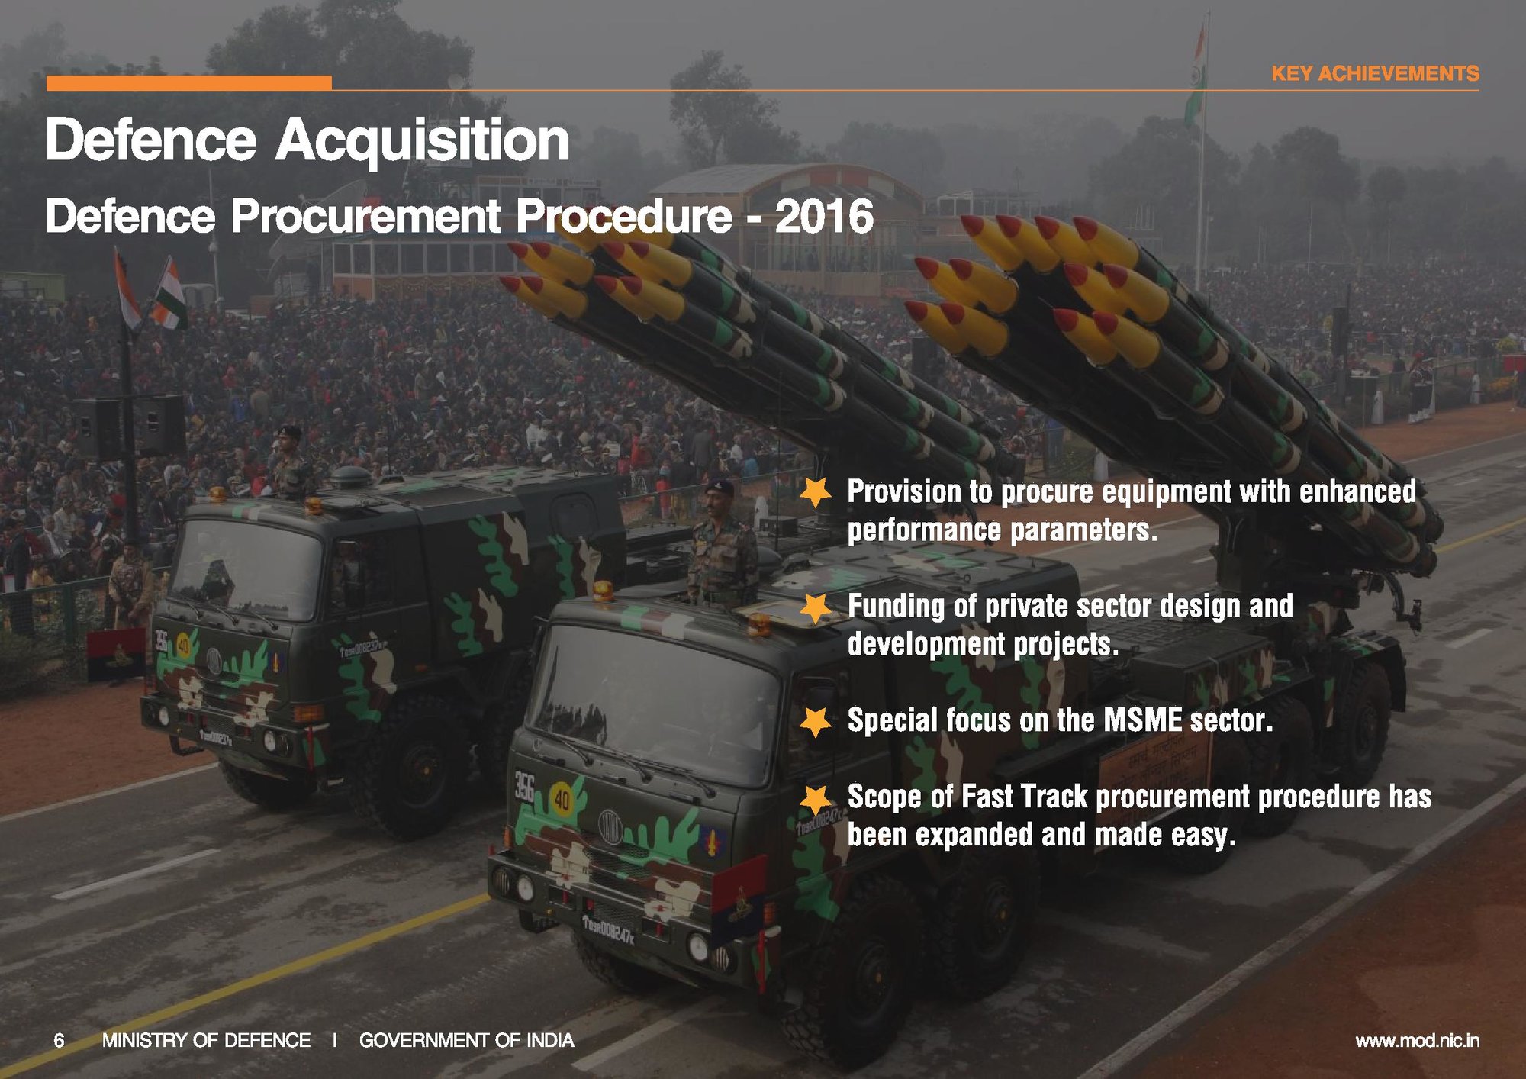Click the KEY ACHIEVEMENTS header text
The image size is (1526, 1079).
[x=1375, y=73]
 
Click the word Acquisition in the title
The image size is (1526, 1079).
[x=422, y=141]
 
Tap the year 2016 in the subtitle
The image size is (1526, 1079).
[x=824, y=216]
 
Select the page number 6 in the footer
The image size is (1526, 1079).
[x=59, y=1040]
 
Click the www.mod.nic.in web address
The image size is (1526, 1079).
[x=1417, y=1040]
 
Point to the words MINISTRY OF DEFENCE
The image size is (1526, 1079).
[x=206, y=1040]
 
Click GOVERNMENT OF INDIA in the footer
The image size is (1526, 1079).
[x=466, y=1040]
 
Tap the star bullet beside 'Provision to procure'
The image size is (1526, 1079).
[x=816, y=492]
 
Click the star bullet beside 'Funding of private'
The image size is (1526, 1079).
[x=816, y=607]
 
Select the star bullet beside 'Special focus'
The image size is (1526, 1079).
[x=816, y=721]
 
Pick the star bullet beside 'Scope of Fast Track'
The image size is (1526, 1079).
[x=816, y=798]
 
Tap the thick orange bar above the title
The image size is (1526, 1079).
[x=189, y=83]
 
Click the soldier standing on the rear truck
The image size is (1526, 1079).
[x=291, y=462]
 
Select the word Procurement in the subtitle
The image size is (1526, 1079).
[x=365, y=217]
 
